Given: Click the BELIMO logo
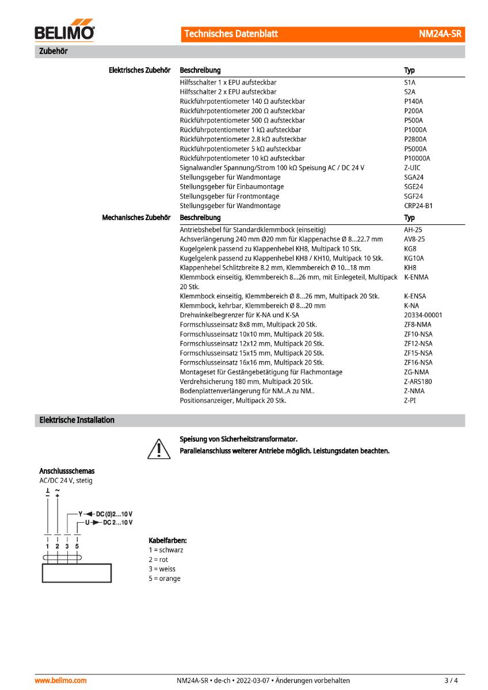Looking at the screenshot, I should tap(64, 33).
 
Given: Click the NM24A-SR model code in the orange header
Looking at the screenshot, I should tap(440, 34).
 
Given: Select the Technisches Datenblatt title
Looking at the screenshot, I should tap(231, 34).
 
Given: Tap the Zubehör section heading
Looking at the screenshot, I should tap(54, 51).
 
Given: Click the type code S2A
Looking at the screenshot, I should tap(410, 92).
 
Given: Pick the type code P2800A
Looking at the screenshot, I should tap(415, 139).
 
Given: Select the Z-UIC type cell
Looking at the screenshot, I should tap(412, 168).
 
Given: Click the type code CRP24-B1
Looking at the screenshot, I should tap(418, 206).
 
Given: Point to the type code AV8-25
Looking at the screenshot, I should tap(414, 239).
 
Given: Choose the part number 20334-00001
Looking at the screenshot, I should tap(423, 315).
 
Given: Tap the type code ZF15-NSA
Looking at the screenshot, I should tap(418, 353).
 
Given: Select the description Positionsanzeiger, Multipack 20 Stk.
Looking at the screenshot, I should tap(232, 401).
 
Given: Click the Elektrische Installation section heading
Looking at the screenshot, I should tap(77, 420).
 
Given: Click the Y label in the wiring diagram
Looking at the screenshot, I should tap(81, 513).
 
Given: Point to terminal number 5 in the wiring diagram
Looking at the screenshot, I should tap(77, 545).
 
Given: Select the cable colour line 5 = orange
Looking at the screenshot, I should tap(165, 578).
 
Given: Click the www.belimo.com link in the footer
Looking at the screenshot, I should tap(60, 681).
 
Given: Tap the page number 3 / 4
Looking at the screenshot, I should tap(451, 681).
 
